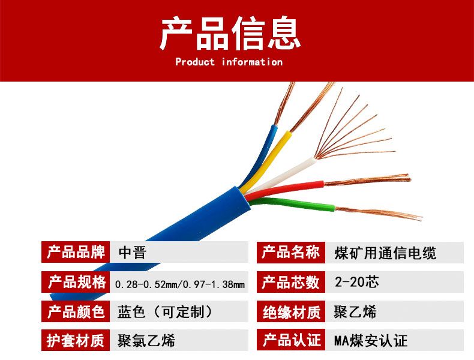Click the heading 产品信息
coord(230,33)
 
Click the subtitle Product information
coord(229,62)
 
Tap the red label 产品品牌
coord(76,252)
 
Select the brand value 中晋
coord(133,253)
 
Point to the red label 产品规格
coord(76,282)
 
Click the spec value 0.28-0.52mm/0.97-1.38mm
coord(180,284)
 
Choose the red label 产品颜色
coord(76,311)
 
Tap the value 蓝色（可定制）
coord(165,311)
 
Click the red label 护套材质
coord(76,340)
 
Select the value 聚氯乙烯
coord(146,341)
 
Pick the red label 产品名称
coord(291,252)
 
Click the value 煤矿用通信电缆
coord(385,253)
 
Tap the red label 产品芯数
coord(291,282)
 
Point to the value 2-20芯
coord(357,282)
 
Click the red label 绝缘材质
coord(291,311)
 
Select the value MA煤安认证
coord(371,341)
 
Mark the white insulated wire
coord(281,175)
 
